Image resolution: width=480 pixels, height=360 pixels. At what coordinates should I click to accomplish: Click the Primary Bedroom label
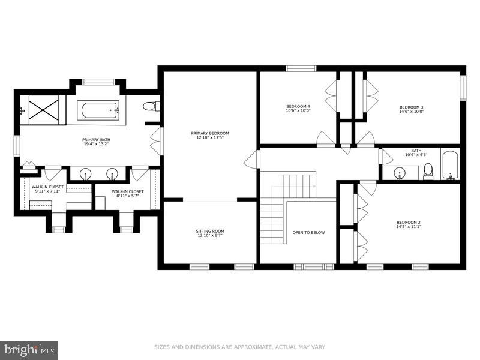pyautogui.click(x=210, y=133)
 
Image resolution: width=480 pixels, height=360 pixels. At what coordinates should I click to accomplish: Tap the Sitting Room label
pyautogui.click(x=210, y=231)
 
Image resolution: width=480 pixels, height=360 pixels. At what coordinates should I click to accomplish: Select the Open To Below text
pyautogui.click(x=308, y=232)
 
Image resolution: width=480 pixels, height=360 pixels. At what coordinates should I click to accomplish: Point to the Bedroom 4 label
pyautogui.click(x=298, y=106)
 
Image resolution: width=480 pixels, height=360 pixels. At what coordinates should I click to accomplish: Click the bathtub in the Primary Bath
pyautogui.click(x=98, y=109)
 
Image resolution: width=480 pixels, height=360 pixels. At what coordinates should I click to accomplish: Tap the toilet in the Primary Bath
pyautogui.click(x=150, y=106)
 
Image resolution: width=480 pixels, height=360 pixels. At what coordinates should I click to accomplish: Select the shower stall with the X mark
pyautogui.click(x=42, y=110)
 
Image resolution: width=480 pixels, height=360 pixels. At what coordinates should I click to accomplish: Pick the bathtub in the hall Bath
pyautogui.click(x=450, y=165)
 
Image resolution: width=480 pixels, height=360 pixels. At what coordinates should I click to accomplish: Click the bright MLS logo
pyautogui.click(x=29, y=349)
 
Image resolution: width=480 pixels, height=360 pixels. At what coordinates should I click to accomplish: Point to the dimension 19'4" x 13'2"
pyautogui.click(x=96, y=144)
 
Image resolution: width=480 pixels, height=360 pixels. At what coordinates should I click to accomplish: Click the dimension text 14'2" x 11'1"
pyautogui.click(x=408, y=227)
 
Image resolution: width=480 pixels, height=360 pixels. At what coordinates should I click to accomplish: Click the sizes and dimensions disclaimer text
pyautogui.click(x=240, y=347)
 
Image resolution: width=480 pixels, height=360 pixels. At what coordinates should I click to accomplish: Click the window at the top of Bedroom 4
pyautogui.click(x=301, y=68)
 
